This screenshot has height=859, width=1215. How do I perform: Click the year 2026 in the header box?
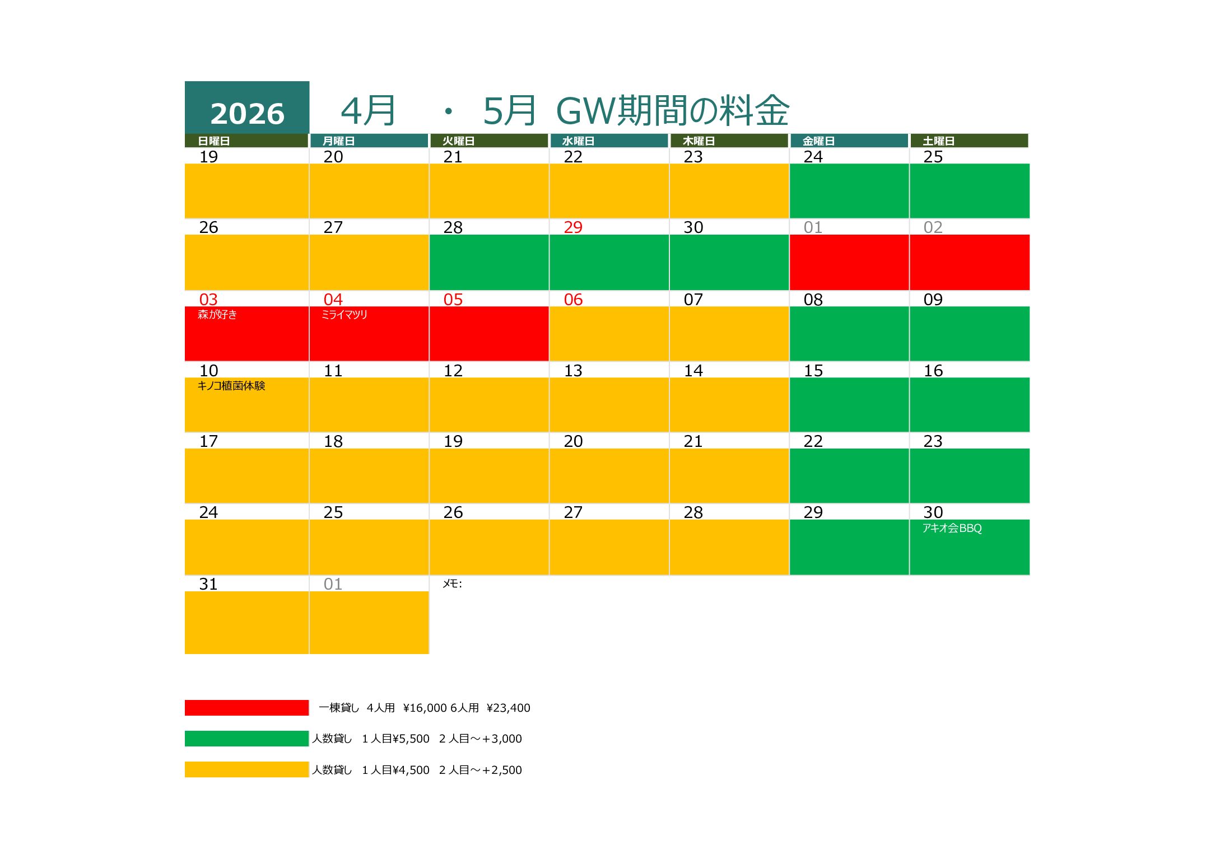pos(247,114)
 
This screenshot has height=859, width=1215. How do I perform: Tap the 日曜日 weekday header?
pos(214,141)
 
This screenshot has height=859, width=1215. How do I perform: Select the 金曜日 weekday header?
pos(818,141)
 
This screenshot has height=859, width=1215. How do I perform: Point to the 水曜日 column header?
pos(578,141)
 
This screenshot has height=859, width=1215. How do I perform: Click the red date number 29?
pos(573,227)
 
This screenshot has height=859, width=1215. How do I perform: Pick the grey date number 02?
pos(933,227)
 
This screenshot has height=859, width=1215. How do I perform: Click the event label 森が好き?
pos(217,315)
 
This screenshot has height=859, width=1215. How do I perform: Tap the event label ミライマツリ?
pos(345,315)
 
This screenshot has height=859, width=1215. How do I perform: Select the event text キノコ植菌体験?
pos(231,386)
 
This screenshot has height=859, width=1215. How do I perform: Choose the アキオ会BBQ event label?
pos(952,528)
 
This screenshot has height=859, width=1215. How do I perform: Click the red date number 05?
pos(453,300)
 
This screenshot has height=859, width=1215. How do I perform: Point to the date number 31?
pos(208,584)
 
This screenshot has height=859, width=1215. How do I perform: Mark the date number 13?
pos(573,371)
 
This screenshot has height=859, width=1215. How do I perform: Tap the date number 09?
pos(933,300)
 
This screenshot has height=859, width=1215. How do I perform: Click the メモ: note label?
pos(452,584)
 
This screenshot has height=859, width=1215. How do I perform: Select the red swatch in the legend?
pos(246,708)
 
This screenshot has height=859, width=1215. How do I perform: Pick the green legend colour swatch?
pos(246,739)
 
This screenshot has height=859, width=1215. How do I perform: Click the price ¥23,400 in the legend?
pos(508,708)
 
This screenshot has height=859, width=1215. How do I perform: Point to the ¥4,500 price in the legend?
pos(411,770)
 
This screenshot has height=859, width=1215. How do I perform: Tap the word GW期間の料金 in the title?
pos(672,111)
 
